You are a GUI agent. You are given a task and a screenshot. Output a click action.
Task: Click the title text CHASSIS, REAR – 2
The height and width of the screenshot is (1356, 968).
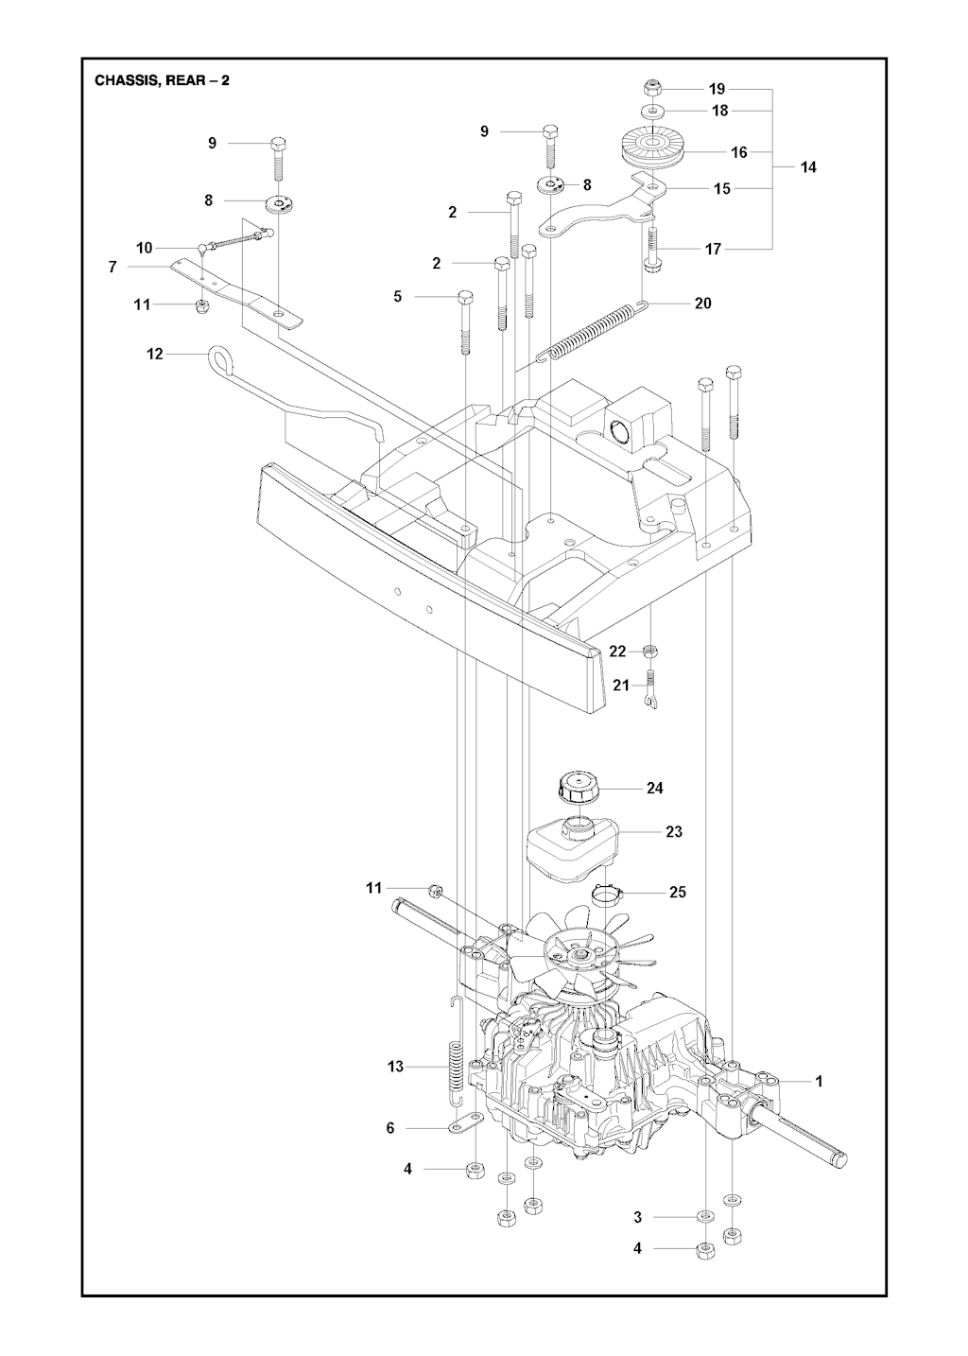pos(163,80)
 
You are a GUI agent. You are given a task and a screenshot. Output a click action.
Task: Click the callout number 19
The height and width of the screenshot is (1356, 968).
pos(717,89)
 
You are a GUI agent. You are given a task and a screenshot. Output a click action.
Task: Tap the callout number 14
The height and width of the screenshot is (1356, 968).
pos(808,167)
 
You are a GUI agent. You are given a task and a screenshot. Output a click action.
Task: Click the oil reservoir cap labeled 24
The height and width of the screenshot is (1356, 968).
pos(579,787)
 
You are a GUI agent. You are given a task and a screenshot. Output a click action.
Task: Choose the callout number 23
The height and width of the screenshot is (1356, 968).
pos(673,832)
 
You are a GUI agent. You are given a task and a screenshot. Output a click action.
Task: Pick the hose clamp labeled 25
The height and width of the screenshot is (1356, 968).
pos(607,908)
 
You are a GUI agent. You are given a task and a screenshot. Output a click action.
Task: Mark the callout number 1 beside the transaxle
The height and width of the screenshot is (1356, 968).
pos(820,1081)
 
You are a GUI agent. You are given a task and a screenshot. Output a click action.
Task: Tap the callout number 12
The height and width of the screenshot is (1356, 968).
pos(155,354)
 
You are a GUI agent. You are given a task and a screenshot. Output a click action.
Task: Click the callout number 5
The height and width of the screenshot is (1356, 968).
pos(397,297)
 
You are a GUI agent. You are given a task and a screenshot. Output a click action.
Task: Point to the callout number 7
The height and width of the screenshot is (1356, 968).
pos(112,267)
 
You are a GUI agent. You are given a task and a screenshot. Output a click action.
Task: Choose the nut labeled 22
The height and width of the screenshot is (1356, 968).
pos(650,652)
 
